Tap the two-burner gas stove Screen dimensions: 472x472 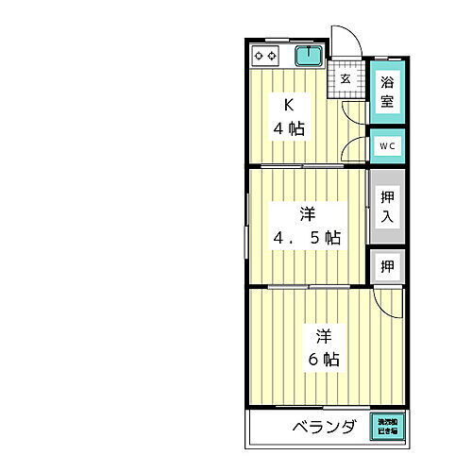point(266,57)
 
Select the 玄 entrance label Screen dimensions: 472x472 point(346,78)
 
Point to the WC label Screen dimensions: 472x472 point(387,146)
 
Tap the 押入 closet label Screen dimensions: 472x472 point(387,207)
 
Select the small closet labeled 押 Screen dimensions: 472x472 point(387,266)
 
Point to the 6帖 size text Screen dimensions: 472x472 point(324,359)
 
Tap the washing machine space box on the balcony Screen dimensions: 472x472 point(389,426)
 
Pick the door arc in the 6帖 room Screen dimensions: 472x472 point(387,302)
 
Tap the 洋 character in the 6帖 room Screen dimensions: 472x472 point(324,335)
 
